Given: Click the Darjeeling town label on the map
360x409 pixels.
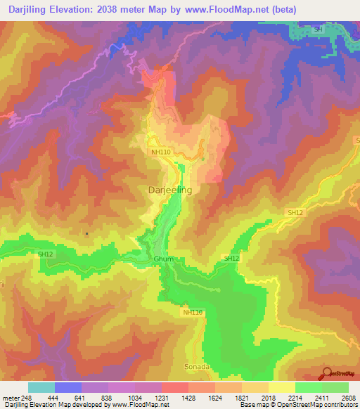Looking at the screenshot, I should click(169, 190).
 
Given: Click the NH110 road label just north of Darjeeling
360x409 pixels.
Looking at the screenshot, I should click(161, 152).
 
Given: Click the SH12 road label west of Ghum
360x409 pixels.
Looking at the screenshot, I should click(47, 254).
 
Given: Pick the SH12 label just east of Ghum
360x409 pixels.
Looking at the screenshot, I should click(231, 259).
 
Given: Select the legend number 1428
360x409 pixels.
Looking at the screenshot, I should click(188, 398).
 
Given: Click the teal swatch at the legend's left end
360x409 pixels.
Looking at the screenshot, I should click(41, 387).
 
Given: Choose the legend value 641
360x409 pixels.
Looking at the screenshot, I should click(82, 398).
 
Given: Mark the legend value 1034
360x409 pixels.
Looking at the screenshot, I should click(135, 398).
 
